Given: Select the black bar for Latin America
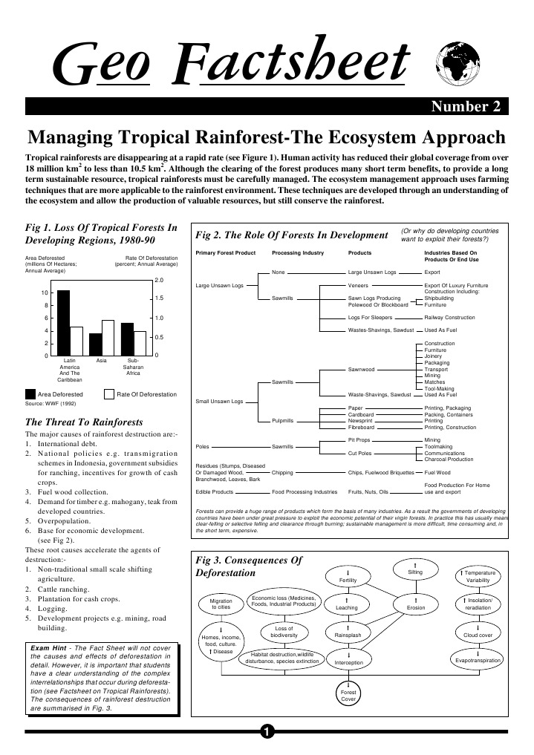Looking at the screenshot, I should point(63,323).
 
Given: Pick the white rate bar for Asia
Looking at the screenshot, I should point(108,338).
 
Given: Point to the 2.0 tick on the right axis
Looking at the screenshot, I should point(159,281).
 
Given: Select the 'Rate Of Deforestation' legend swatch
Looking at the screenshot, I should point(109,394).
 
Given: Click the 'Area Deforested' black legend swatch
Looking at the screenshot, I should point(30,394).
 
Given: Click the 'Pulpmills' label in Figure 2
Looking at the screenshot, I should point(283,421).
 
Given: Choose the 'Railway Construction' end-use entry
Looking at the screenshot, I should point(449,317).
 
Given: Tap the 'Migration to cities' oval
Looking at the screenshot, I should point(221,604).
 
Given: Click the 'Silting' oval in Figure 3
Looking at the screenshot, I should point(415,570).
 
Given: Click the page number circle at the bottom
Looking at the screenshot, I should point(267,733).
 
